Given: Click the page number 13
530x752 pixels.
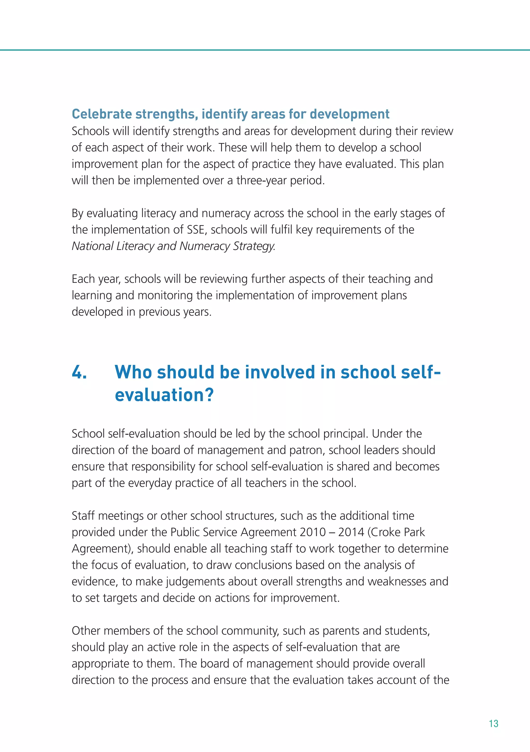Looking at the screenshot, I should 493,724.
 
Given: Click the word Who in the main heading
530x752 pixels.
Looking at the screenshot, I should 134,372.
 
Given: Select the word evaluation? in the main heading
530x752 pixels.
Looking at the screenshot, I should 164,395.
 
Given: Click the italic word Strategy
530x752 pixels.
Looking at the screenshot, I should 254,246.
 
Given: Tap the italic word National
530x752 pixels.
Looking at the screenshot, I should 92,246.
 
